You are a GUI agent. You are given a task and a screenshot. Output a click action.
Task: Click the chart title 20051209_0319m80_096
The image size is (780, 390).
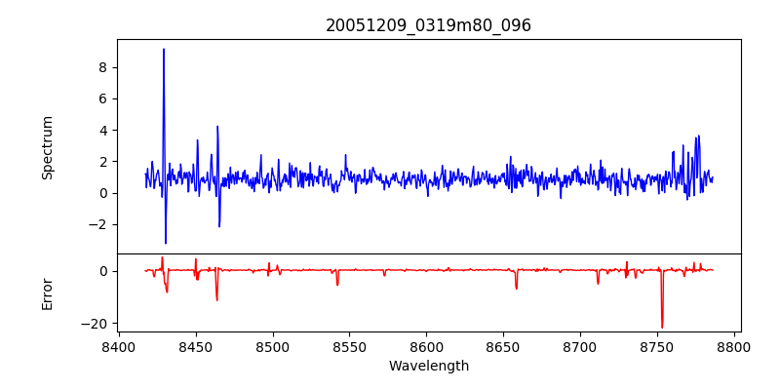[x=428, y=25]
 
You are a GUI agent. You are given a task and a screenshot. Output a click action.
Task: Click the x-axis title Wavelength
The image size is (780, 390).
[x=428, y=366]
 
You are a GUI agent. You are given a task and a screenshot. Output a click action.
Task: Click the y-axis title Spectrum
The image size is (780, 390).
[x=47, y=147]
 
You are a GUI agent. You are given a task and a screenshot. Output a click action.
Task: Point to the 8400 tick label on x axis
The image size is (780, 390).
[x=119, y=346]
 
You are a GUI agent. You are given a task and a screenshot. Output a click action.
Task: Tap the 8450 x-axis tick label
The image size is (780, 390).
[x=196, y=346]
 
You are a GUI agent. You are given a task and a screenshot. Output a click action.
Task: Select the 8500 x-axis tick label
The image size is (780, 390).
[x=273, y=346]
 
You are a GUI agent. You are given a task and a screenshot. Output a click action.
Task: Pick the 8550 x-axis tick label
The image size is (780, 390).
[x=350, y=346]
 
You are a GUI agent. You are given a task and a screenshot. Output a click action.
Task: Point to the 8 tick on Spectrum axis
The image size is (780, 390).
[x=101, y=67]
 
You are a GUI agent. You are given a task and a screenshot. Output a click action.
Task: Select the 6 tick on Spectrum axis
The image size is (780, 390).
[x=101, y=98]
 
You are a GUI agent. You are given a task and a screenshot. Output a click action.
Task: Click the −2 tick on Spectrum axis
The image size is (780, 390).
[x=97, y=224]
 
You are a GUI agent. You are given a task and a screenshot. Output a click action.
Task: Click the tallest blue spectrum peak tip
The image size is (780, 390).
[x=164, y=49]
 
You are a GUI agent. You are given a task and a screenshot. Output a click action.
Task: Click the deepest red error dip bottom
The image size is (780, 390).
[x=662, y=328]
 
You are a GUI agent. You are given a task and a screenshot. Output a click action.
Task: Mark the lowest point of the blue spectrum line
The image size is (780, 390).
[x=166, y=243]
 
